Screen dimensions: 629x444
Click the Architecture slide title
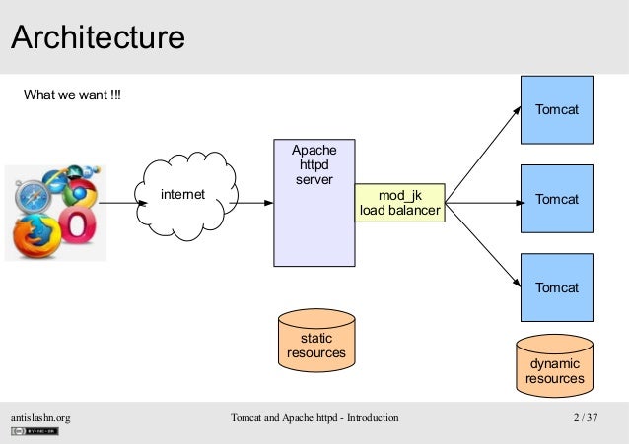click(98, 37)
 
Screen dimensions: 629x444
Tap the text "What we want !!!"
click(72, 95)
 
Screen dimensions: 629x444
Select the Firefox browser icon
click(36, 236)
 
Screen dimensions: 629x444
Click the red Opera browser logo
click(78, 224)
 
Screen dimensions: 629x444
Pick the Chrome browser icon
click(80, 193)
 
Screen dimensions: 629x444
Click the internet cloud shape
click(185, 196)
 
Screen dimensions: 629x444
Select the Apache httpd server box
click(314, 203)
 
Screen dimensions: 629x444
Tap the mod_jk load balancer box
click(400, 203)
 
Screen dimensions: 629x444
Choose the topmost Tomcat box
click(557, 110)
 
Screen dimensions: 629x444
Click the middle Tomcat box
click(557, 199)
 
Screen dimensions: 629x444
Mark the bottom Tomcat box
click(557, 287)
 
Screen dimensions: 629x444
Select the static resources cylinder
click(316, 341)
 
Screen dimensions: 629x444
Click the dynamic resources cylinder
click(554, 366)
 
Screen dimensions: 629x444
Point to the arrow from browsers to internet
click(122, 203)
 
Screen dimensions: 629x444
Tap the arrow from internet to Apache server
click(251, 203)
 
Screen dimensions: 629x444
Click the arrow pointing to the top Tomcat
click(483, 155)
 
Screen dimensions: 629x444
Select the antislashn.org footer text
click(40, 418)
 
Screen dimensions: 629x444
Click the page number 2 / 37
click(586, 417)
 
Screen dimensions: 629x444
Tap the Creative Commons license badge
click(35, 431)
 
